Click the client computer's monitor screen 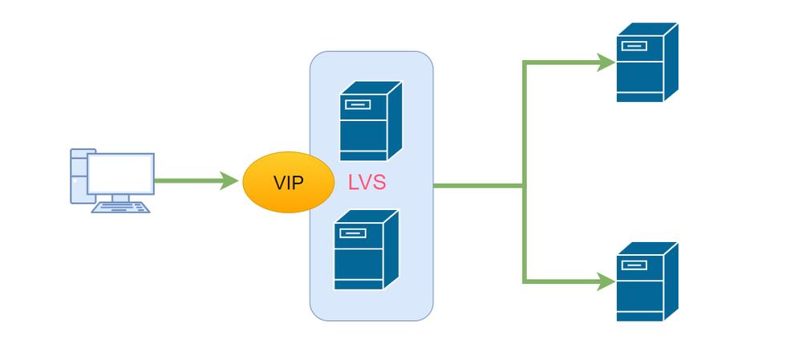point(120,173)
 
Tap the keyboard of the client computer point(120,208)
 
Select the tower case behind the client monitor point(79,176)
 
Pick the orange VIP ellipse point(288,183)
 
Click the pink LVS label point(367,183)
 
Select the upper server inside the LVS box point(370,121)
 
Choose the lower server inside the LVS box point(365,249)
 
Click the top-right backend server point(646,63)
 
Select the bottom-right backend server point(646,281)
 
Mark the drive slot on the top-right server point(634,46)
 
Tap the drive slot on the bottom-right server point(634,265)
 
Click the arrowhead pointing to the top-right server point(607,63)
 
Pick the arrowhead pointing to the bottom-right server point(607,281)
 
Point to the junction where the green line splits point(525,186)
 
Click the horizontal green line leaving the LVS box point(477,186)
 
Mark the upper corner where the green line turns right point(525,63)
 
